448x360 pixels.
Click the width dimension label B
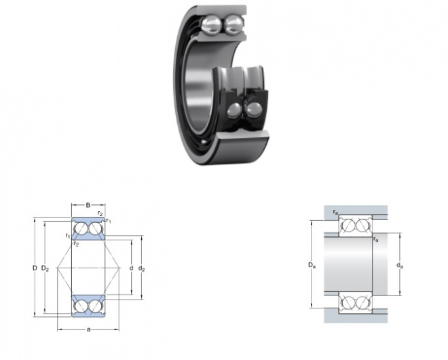[x=88, y=205]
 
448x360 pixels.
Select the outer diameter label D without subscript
[x=35, y=268]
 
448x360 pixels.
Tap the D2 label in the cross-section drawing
[x=45, y=268]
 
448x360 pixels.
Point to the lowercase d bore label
[x=131, y=268]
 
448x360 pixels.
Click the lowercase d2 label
[x=141, y=268]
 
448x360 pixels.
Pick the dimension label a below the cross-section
[x=88, y=329]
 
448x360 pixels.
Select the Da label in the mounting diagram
[x=312, y=265]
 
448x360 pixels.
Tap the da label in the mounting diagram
[x=400, y=266]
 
